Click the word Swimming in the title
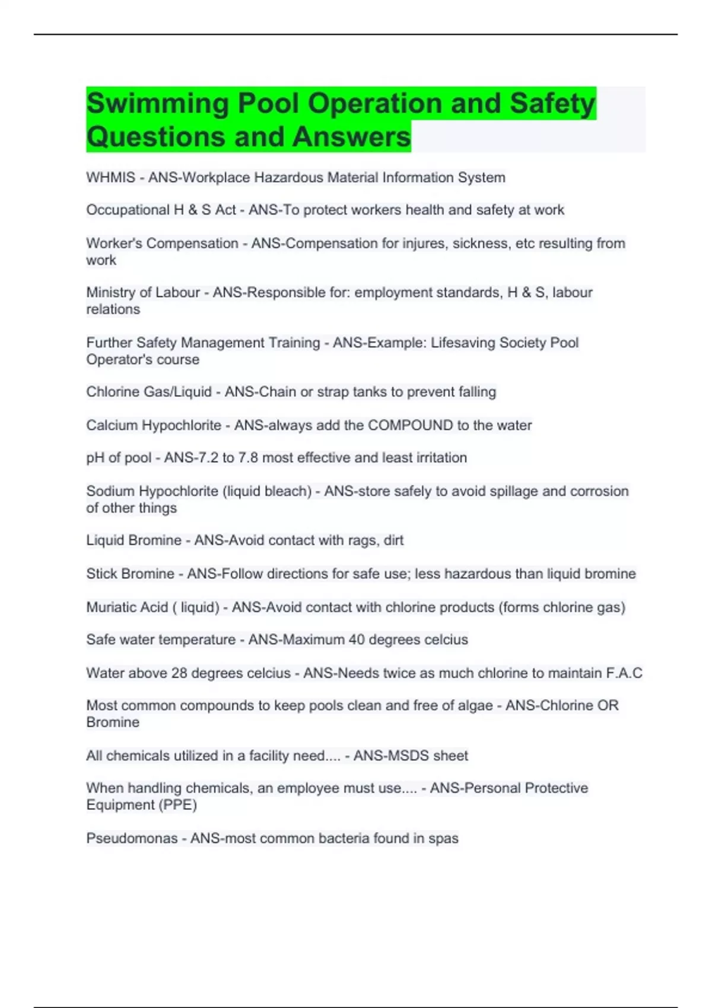click(x=157, y=104)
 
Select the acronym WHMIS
click(x=110, y=177)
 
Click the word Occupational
click(x=127, y=210)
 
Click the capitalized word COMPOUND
click(x=410, y=425)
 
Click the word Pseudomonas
click(x=132, y=838)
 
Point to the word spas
click(x=443, y=838)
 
